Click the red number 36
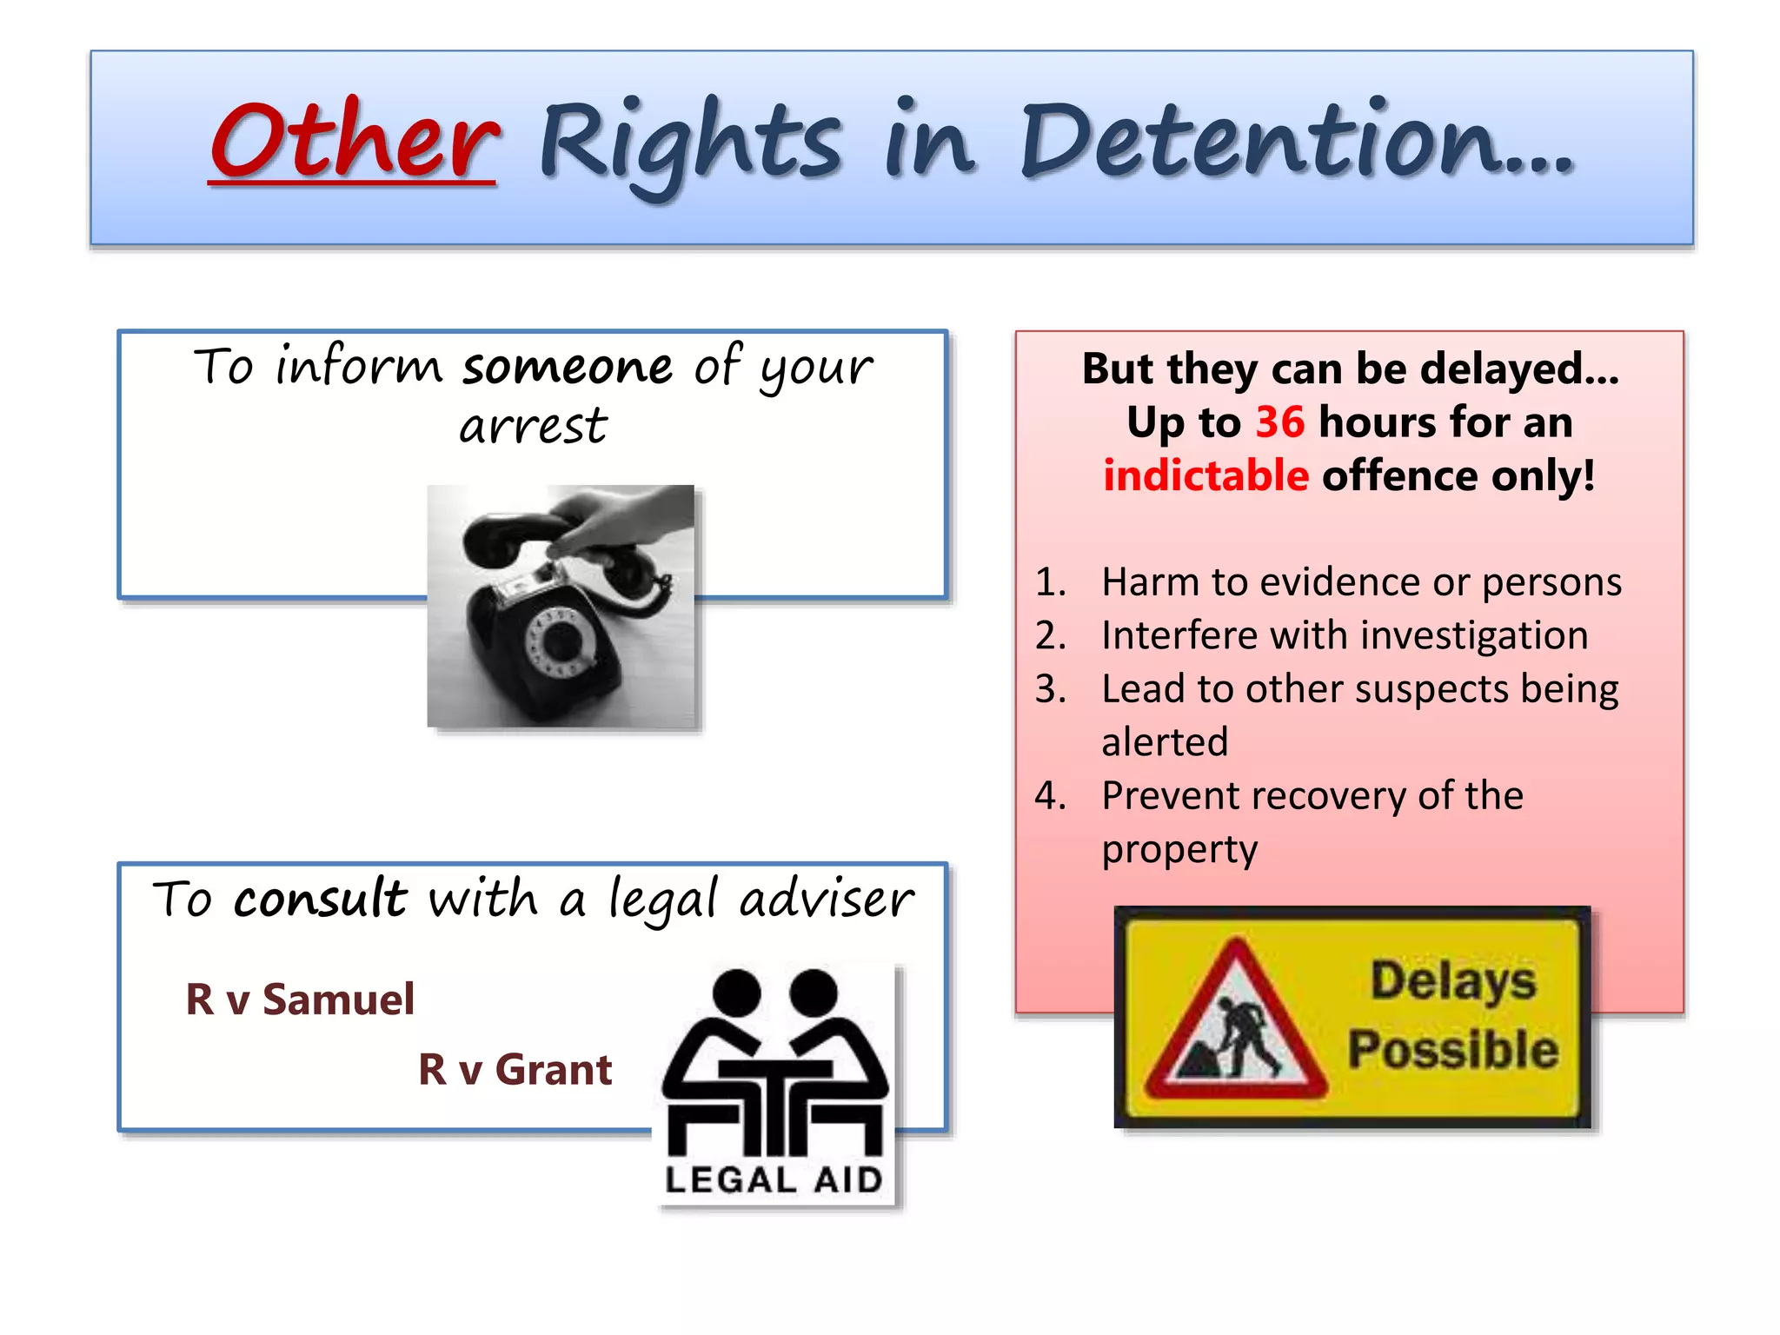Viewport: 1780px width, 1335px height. [1279, 423]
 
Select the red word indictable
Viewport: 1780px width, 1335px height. [1205, 476]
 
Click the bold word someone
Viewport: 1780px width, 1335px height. [568, 367]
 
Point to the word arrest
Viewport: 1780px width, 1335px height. [533, 426]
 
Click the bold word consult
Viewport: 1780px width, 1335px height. [319, 899]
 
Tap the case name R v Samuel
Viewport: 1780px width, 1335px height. [300, 1000]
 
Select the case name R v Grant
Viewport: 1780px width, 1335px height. [515, 1070]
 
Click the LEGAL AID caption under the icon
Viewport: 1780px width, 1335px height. [774, 1180]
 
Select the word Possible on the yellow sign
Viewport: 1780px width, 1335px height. [1452, 1050]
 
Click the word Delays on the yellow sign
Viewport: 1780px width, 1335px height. [1453, 980]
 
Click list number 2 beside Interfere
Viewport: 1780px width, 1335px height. [1050, 636]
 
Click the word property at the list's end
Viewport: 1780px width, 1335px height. [1179, 850]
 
